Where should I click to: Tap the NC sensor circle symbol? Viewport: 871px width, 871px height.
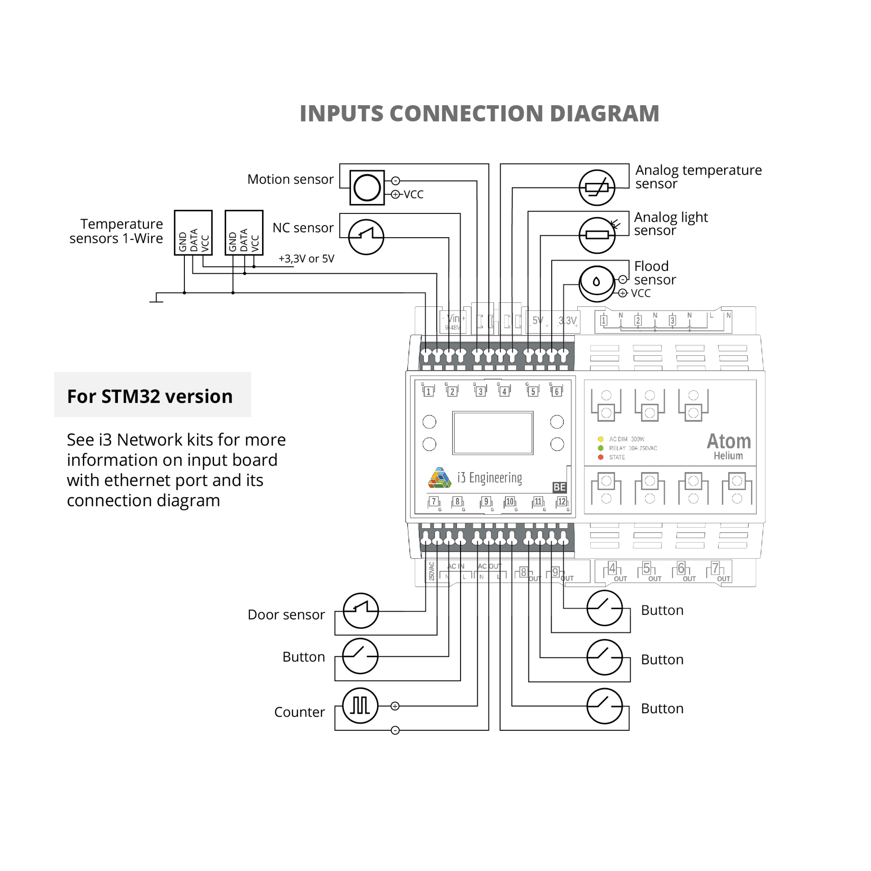366,237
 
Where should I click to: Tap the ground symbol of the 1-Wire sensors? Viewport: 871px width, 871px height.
156,298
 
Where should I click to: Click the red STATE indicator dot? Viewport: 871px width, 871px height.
600,457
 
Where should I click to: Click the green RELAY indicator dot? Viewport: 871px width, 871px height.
600,448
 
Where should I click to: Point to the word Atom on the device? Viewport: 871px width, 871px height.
728,441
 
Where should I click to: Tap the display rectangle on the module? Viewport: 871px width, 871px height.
493,433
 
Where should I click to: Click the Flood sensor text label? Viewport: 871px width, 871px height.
655,273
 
